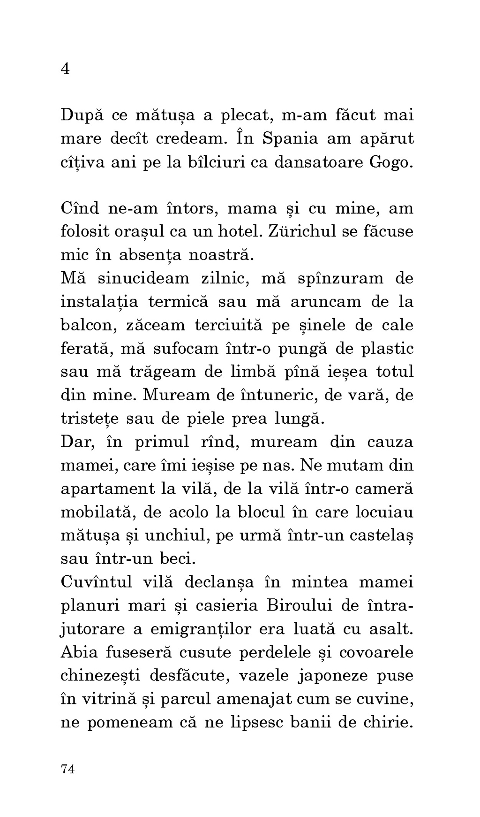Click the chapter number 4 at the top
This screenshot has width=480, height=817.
point(66,69)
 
